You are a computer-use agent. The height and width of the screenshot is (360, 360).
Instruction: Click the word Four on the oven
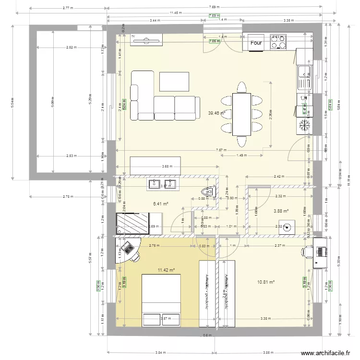point(256,43)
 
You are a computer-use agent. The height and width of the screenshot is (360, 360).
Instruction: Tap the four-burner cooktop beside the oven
point(278,42)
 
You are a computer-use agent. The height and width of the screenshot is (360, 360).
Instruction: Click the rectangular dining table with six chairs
point(242,114)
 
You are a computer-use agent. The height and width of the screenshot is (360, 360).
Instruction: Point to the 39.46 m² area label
point(216,113)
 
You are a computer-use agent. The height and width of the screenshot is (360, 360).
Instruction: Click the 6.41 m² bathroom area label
point(160,204)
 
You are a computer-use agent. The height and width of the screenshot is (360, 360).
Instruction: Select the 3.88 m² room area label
point(281,211)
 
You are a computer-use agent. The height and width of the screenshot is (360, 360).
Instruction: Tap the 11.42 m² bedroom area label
point(166,270)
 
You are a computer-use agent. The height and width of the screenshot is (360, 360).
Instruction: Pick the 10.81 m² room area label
point(265,282)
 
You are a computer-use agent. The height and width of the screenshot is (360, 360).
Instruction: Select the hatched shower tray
point(132,223)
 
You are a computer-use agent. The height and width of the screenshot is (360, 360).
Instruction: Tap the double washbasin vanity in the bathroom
point(162,184)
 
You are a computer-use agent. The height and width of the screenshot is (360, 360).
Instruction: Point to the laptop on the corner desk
point(128,249)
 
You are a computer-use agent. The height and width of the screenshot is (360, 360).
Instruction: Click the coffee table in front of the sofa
point(174,81)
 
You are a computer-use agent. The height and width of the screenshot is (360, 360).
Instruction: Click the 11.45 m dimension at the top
point(174,13)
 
